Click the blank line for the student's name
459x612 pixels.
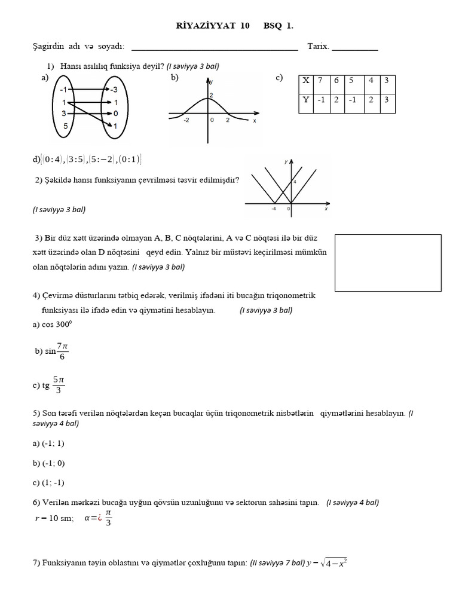[214, 48]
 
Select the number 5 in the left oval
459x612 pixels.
[66, 126]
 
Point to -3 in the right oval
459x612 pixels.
[114, 90]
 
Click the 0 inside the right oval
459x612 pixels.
[115, 113]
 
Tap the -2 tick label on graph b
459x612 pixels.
[186, 120]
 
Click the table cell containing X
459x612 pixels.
[306, 81]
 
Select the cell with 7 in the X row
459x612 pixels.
[321, 81]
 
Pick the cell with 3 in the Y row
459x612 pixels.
[387, 100]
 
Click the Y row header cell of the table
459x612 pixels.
[306, 100]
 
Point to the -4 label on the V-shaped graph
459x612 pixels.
[273, 209]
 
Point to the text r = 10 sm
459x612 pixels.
[54, 518]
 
